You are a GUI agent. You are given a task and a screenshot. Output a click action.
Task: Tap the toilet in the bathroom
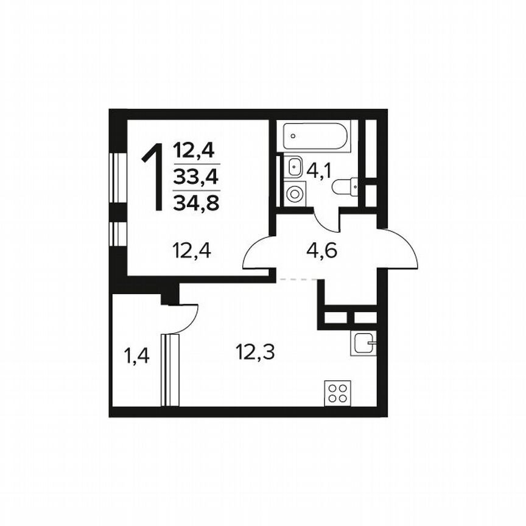345,186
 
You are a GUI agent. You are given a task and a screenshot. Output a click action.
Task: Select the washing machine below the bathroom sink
295,194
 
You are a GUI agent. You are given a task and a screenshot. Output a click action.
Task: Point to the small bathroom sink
295,165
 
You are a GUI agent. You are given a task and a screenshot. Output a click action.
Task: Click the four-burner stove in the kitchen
337,392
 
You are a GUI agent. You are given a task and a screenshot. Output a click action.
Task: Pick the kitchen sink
364,344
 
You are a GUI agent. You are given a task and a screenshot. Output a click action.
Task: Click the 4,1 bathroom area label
318,170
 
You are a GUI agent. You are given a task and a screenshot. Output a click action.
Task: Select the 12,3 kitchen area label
255,351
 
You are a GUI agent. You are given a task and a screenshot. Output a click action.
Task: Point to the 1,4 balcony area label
137,356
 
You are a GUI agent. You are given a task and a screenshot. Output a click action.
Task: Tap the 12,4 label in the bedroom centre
191,250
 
